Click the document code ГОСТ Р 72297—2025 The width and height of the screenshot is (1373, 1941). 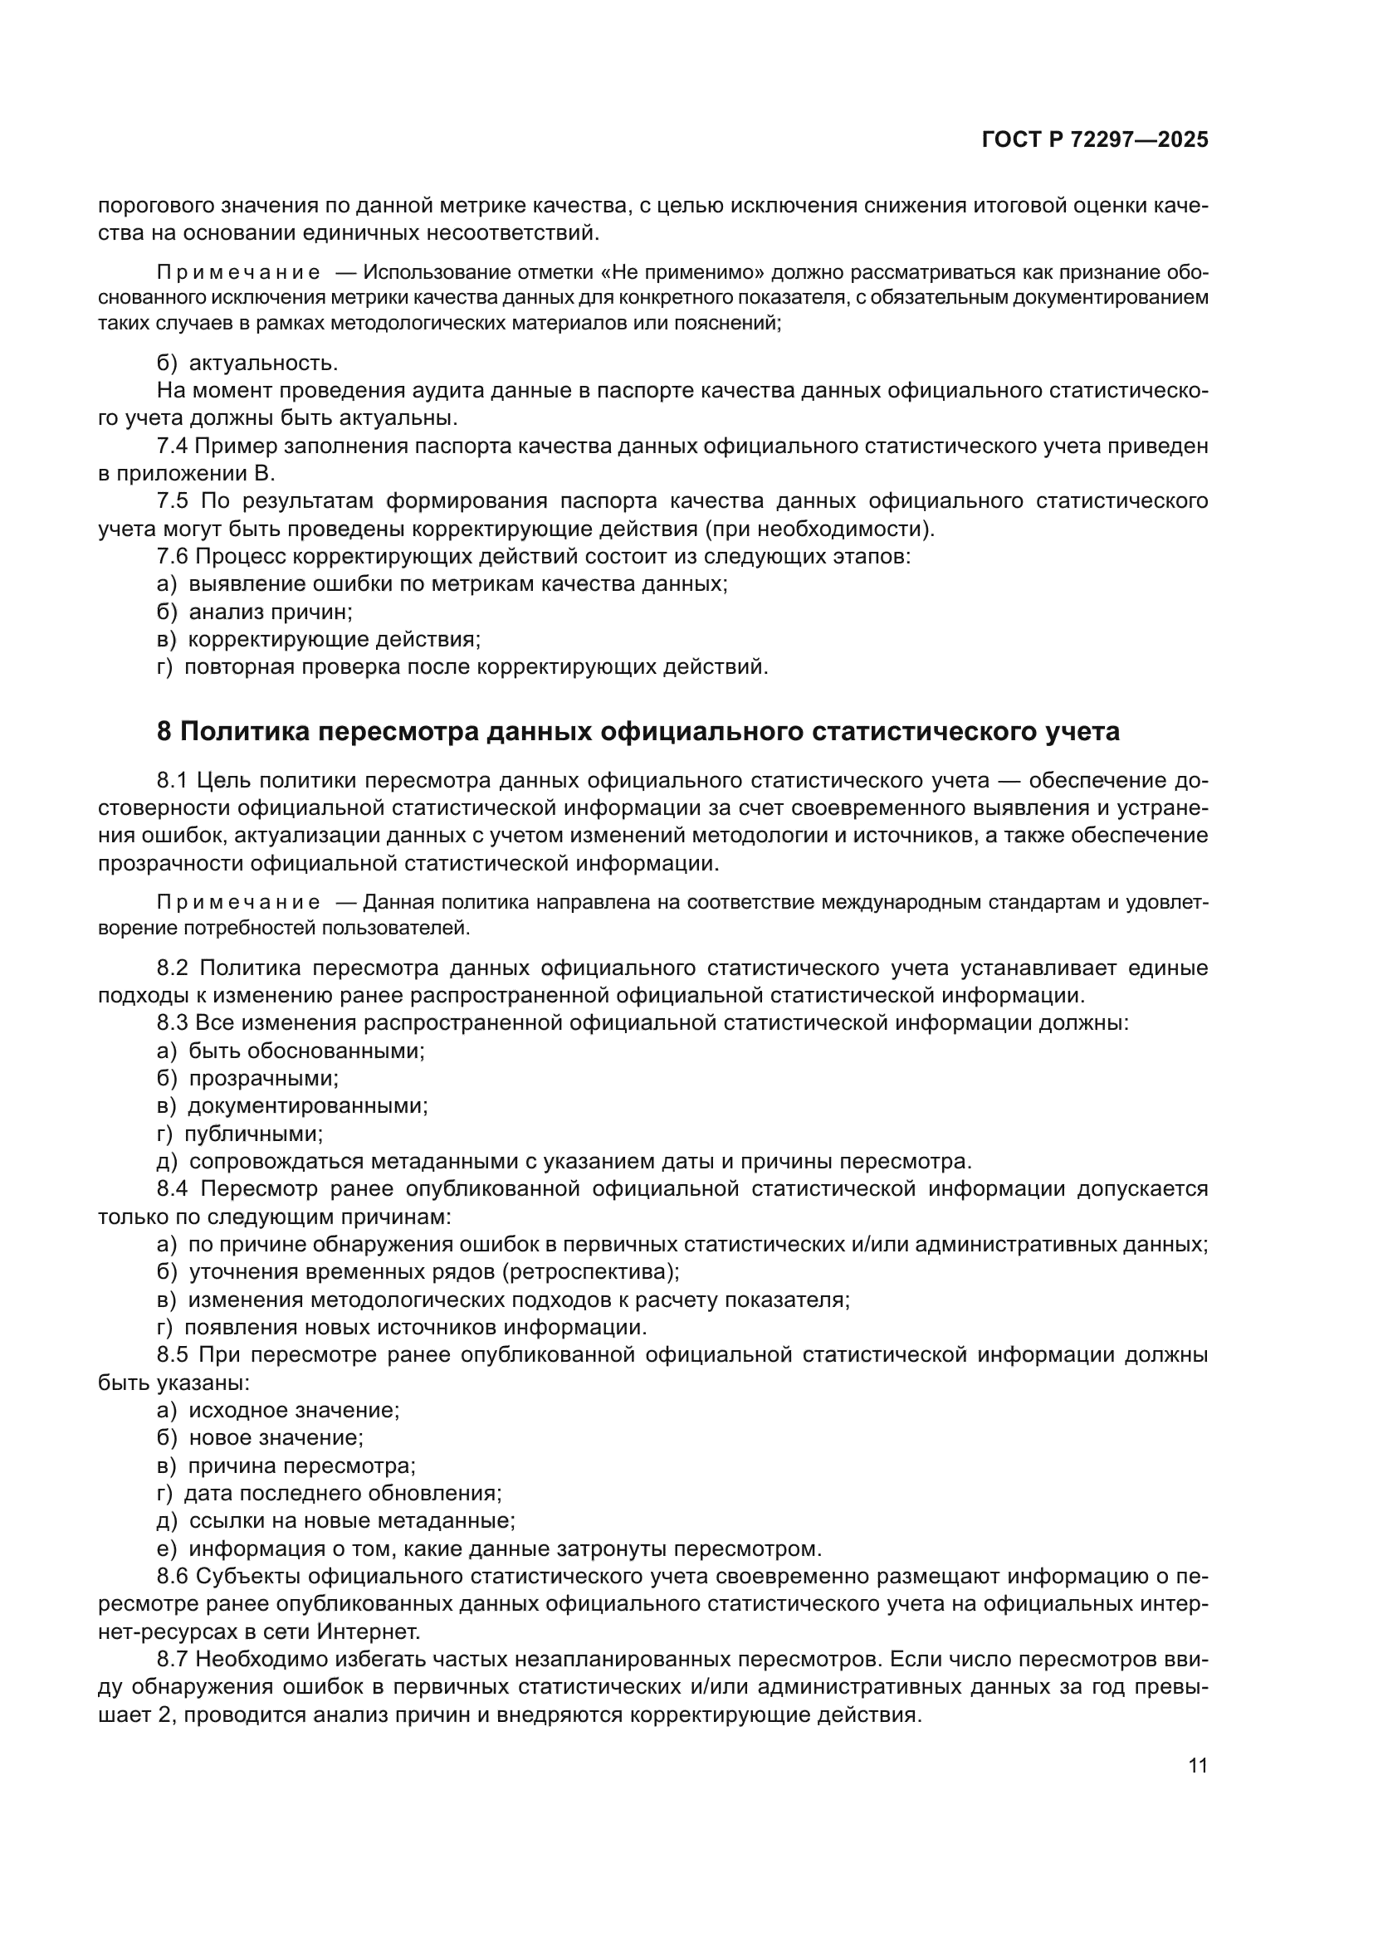point(1095,140)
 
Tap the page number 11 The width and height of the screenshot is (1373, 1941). point(1197,1765)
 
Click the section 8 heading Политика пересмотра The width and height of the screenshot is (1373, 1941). point(638,731)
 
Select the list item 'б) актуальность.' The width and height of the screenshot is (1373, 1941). point(247,363)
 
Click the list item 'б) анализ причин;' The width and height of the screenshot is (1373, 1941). point(255,612)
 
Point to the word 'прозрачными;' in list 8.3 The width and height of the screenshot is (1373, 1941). point(263,1079)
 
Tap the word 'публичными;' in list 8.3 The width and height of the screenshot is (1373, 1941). point(254,1134)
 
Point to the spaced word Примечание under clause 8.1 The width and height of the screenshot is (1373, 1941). point(238,903)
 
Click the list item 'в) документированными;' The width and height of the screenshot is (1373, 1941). point(291,1105)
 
